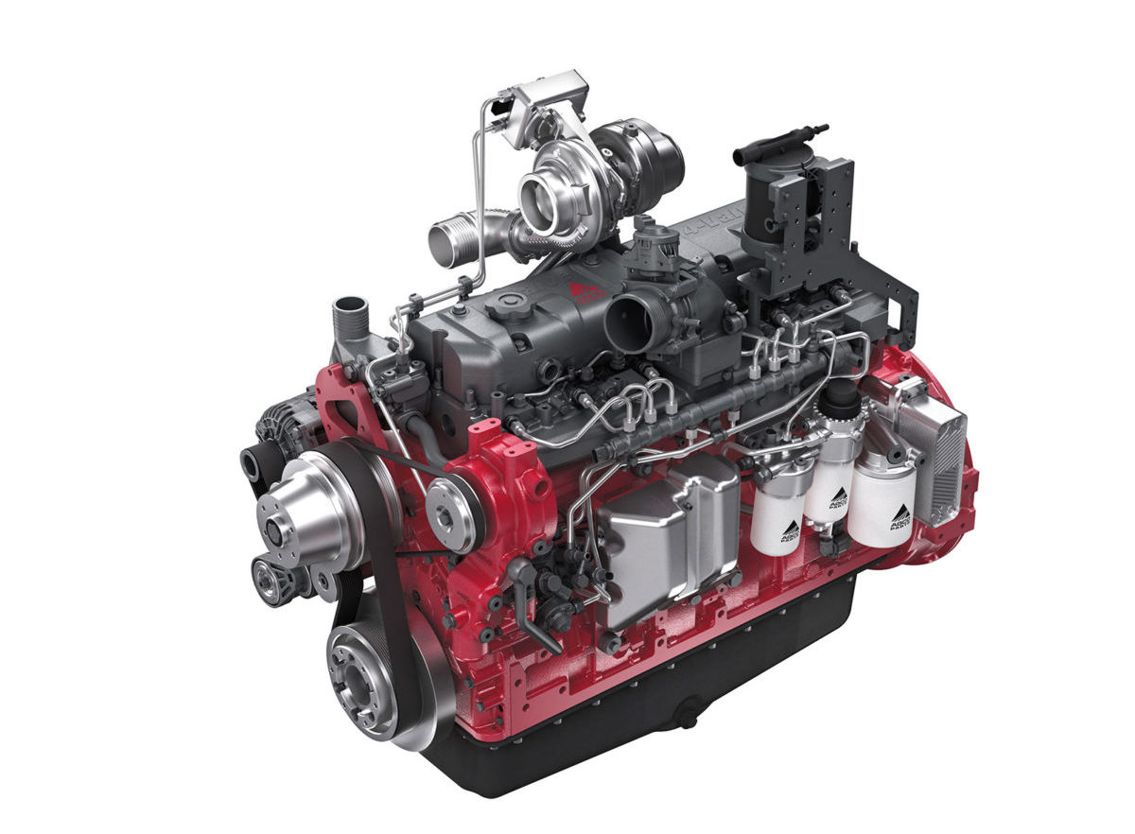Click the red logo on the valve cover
584,290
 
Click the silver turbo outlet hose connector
457,240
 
